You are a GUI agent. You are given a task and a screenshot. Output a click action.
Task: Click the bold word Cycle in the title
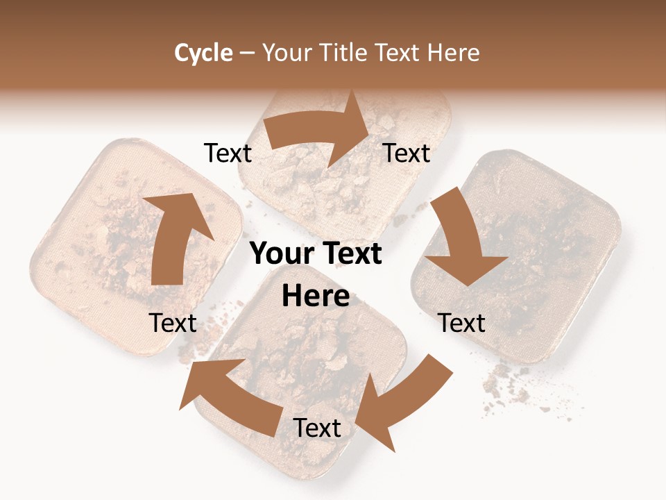(203, 53)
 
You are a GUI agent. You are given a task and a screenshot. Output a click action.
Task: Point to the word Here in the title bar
(454, 53)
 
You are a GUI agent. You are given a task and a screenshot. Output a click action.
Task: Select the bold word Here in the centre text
(316, 297)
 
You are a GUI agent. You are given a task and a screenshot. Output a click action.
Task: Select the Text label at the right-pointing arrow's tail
(228, 153)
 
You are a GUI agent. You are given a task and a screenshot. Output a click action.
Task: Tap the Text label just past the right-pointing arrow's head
(407, 153)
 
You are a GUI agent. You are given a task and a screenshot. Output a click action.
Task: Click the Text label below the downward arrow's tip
(462, 323)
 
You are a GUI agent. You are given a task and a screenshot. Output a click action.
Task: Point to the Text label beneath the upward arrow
(173, 323)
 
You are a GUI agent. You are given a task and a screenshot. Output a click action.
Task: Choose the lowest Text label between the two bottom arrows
(317, 428)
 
